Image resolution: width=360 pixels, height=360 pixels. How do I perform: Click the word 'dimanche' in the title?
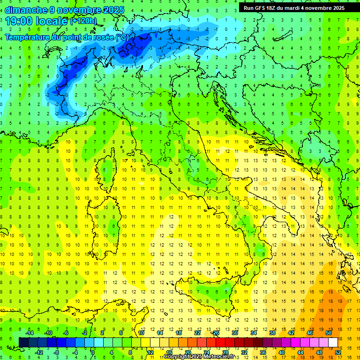click(x=24, y=10)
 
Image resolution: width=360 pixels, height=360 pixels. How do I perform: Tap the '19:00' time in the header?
click(x=21, y=21)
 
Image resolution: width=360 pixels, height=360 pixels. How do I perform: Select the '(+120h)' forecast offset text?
click(x=83, y=21)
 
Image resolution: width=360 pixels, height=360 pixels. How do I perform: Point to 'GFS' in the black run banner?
click(x=260, y=8)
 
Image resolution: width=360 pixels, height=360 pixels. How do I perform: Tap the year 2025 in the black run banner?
click(x=336, y=8)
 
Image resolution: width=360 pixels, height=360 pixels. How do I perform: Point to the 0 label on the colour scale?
click(x=93, y=352)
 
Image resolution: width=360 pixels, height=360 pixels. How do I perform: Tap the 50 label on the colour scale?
click(x=329, y=333)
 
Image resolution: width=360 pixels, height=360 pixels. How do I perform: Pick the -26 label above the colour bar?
click(x=215, y=333)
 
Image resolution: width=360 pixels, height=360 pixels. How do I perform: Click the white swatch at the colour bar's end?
click(x=333, y=342)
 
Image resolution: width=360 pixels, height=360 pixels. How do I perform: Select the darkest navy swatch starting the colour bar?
click(x=23, y=342)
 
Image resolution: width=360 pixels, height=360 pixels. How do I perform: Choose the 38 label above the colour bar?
click(x=272, y=333)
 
